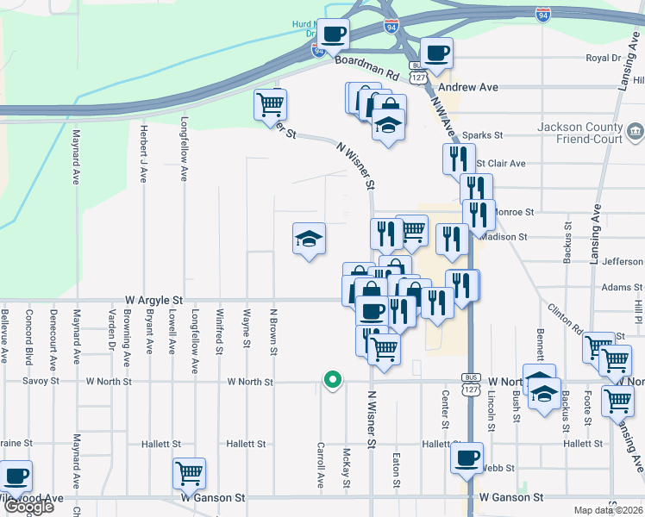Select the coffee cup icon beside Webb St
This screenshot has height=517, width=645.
pos(467,458)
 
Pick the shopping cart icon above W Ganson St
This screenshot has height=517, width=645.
pos(189,473)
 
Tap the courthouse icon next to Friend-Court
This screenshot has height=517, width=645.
pos(636,132)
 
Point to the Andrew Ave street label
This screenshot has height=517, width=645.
pos(468,88)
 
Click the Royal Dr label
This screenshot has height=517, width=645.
pos(604,59)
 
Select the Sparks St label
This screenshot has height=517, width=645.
pos(481,135)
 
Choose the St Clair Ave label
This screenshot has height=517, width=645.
pos(501,163)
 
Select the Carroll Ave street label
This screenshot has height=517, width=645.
pos(321,465)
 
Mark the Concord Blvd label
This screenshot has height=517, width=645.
pos(29,337)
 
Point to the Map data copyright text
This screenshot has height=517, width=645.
pos(607,510)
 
